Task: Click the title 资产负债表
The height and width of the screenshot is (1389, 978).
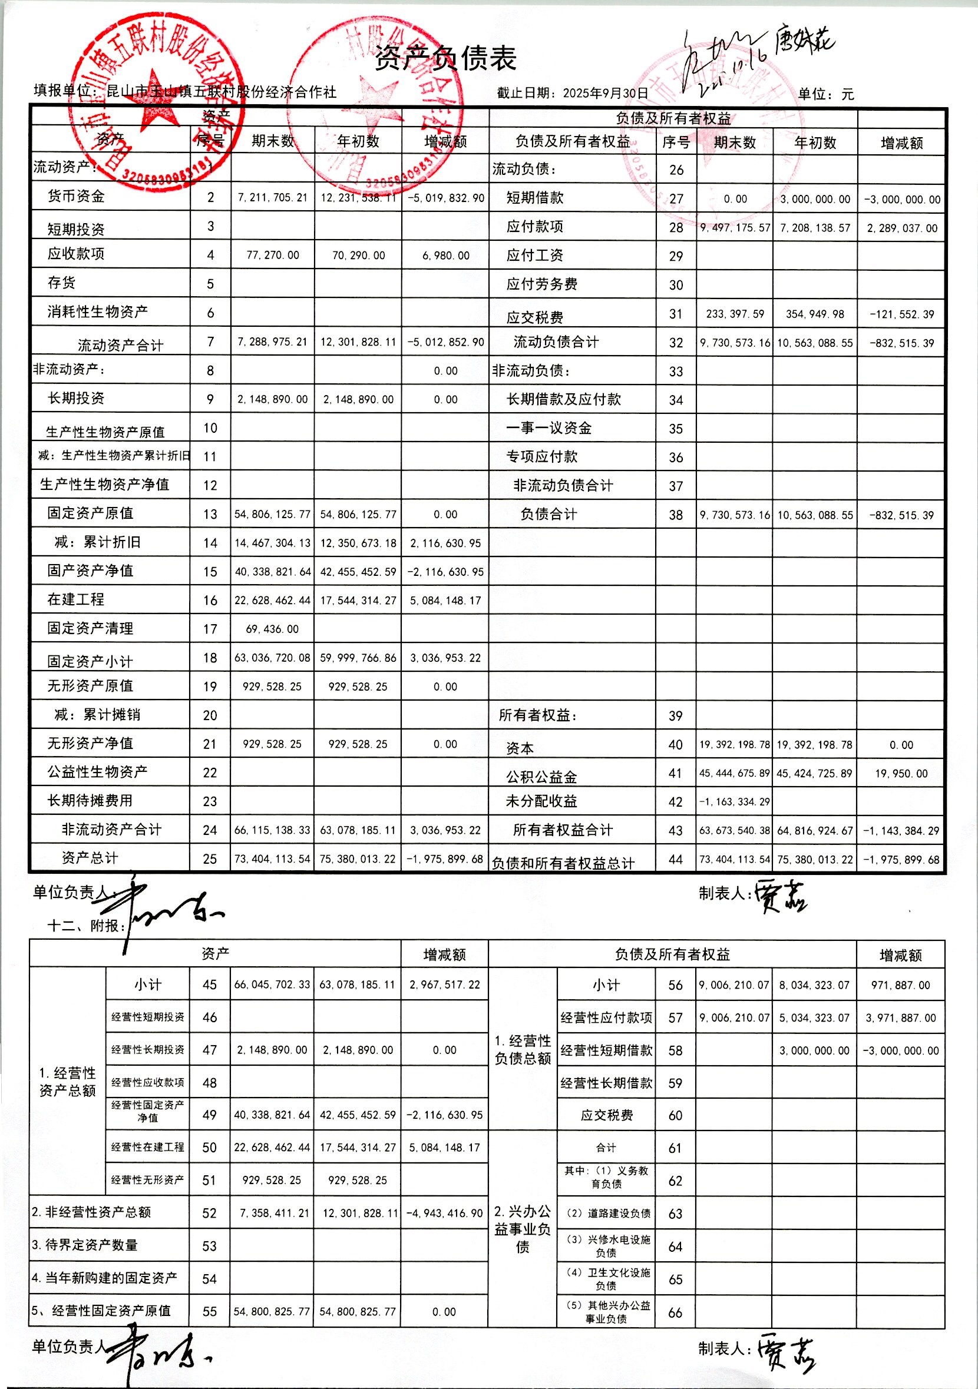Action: coord(445,59)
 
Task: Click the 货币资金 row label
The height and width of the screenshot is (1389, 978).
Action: coord(76,196)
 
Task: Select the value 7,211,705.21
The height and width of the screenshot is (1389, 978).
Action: coord(272,197)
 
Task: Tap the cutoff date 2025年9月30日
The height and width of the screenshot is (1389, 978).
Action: coord(605,93)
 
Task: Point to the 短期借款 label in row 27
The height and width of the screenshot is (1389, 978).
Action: coord(535,198)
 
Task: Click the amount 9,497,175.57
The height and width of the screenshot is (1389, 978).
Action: coord(735,228)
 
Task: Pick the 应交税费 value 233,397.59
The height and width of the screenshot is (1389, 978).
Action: coord(735,314)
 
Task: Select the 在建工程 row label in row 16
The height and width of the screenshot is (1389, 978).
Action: coord(76,599)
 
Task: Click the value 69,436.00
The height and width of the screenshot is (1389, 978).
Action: coord(272,629)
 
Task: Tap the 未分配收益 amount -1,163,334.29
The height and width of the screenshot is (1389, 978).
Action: coord(735,801)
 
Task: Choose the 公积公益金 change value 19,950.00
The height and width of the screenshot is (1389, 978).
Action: coord(901,773)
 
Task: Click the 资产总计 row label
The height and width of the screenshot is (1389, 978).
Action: coord(90,858)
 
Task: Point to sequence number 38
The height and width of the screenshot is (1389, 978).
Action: coord(675,515)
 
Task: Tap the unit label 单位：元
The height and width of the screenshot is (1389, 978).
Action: coord(825,94)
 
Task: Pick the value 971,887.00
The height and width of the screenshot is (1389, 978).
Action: coord(901,985)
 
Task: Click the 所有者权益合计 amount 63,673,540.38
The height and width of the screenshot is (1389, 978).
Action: coord(735,831)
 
